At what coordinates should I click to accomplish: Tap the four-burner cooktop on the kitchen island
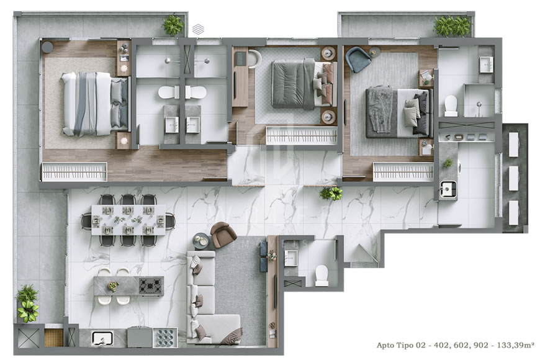[151, 286]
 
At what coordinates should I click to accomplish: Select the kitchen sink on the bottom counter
[101, 338]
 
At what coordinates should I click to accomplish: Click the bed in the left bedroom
[94, 104]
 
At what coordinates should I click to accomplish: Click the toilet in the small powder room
[322, 274]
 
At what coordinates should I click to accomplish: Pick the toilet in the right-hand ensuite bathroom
[451, 105]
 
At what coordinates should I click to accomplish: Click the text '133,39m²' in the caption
[515, 344]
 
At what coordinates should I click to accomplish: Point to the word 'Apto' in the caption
[388, 344]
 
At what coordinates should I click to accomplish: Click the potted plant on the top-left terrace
[173, 25]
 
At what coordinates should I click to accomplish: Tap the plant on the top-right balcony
[452, 26]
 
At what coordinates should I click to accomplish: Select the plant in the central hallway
[331, 194]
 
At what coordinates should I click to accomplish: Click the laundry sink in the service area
[448, 189]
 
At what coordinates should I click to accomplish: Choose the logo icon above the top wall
[198, 29]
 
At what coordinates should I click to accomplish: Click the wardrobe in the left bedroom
[74, 171]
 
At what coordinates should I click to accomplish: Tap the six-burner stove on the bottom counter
[165, 337]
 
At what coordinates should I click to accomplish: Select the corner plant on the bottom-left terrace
[27, 303]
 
